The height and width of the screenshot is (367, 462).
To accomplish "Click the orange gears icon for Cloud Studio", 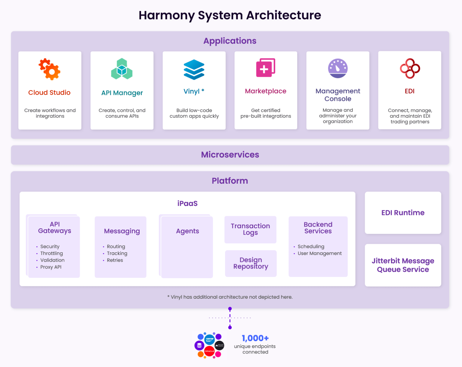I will pyautogui.click(x=50, y=69).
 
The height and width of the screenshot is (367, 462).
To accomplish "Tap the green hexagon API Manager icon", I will pyautogui.click(x=122, y=69).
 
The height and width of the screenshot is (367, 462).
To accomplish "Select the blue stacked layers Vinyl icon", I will pyautogui.click(x=194, y=69).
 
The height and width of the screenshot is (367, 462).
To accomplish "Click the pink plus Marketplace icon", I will pyautogui.click(x=266, y=67).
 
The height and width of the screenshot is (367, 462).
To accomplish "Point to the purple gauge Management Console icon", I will pyautogui.click(x=338, y=68).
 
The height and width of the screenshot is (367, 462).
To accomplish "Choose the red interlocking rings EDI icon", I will pyautogui.click(x=410, y=68).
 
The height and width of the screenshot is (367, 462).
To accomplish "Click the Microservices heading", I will pyautogui.click(x=230, y=155).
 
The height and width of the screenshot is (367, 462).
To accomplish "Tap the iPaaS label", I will pyautogui.click(x=187, y=204).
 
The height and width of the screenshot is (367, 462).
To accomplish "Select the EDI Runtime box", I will pyautogui.click(x=403, y=213).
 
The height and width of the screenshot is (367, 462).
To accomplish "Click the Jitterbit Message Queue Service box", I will pyautogui.click(x=403, y=265).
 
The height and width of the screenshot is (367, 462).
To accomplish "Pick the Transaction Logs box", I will pyautogui.click(x=250, y=229).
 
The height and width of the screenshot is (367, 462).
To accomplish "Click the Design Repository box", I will pyautogui.click(x=251, y=263).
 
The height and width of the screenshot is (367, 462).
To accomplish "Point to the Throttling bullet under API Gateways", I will pyautogui.click(x=51, y=253).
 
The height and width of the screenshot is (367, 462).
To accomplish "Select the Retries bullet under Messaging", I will pyautogui.click(x=115, y=260).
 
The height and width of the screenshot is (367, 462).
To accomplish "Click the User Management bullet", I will pyautogui.click(x=319, y=253).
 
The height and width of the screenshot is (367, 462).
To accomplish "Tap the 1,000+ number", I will pyautogui.click(x=255, y=338).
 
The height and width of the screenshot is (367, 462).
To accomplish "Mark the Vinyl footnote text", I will pyautogui.click(x=230, y=297).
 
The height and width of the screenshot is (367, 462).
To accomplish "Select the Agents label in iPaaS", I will pyautogui.click(x=187, y=231).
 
